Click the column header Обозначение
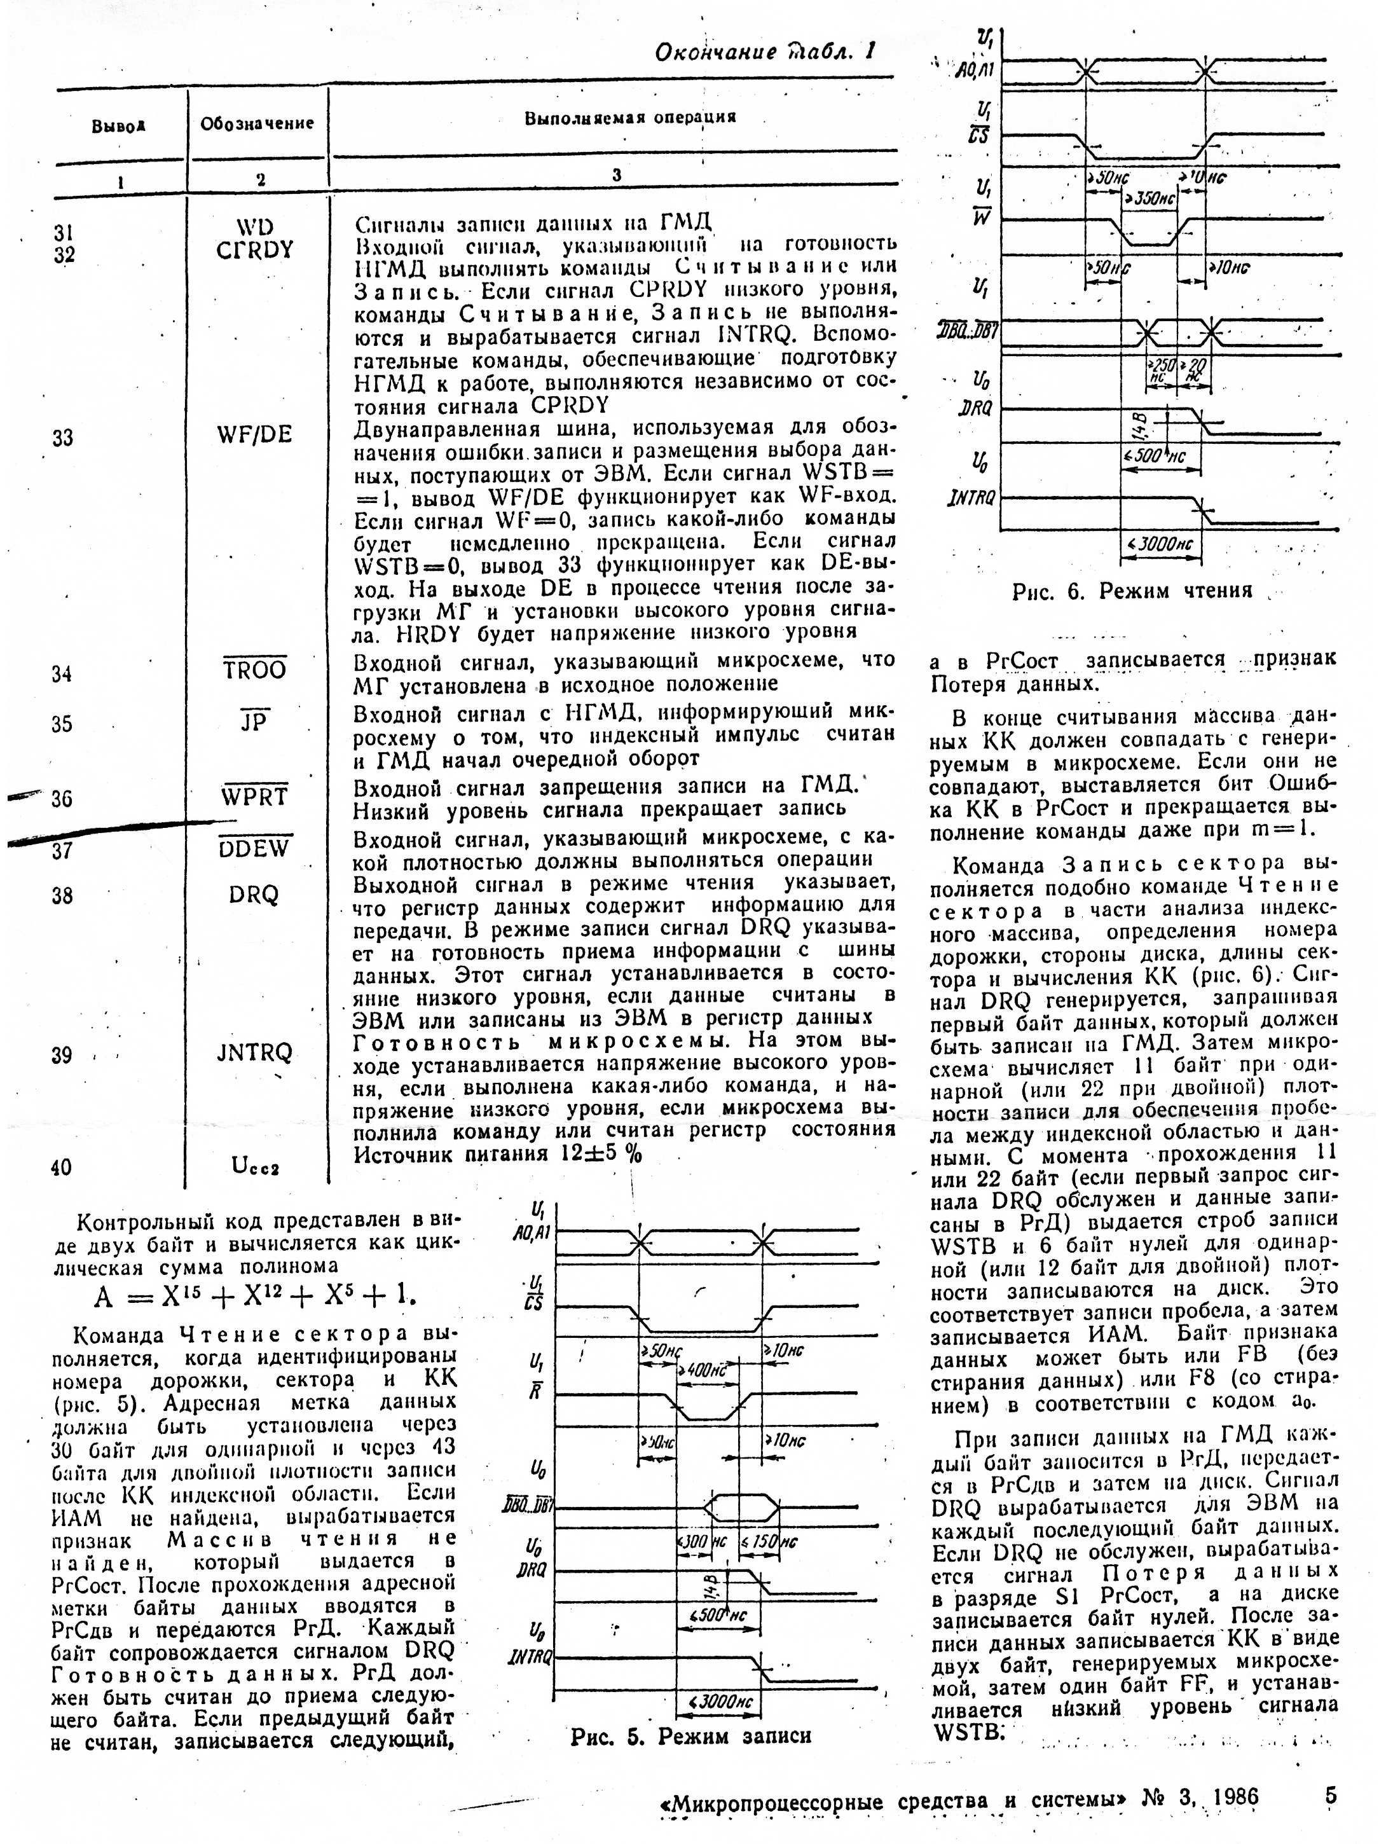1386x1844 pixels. pos(257,123)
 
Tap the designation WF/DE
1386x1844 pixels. pos(254,434)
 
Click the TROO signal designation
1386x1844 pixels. pos(255,670)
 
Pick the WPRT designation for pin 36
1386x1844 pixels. pos(255,797)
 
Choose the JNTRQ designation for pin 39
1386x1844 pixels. pos(254,1053)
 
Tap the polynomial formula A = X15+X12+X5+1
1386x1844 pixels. pos(255,1295)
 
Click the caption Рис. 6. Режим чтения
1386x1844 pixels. pos(1132,591)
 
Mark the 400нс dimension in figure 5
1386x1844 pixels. pos(704,1370)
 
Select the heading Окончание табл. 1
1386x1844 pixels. pos(764,53)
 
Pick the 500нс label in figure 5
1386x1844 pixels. pos(719,1614)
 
